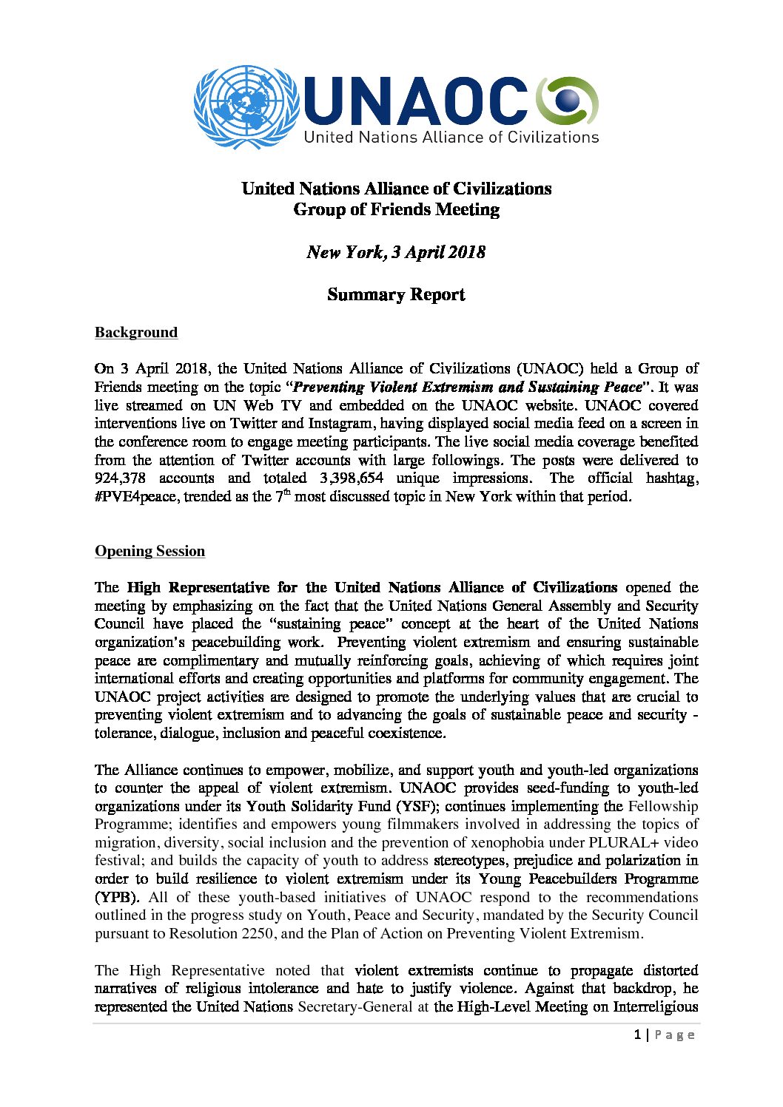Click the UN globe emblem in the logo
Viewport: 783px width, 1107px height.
(246, 106)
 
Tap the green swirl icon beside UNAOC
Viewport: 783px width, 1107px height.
(566, 101)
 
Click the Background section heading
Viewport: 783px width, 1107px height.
(136, 333)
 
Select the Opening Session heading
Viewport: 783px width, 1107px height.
(149, 552)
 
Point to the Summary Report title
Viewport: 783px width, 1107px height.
(396, 295)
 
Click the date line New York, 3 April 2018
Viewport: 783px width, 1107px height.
(396, 252)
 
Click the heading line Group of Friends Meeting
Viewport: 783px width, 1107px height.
(396, 210)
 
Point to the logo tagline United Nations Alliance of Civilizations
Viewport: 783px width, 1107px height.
(451, 138)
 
